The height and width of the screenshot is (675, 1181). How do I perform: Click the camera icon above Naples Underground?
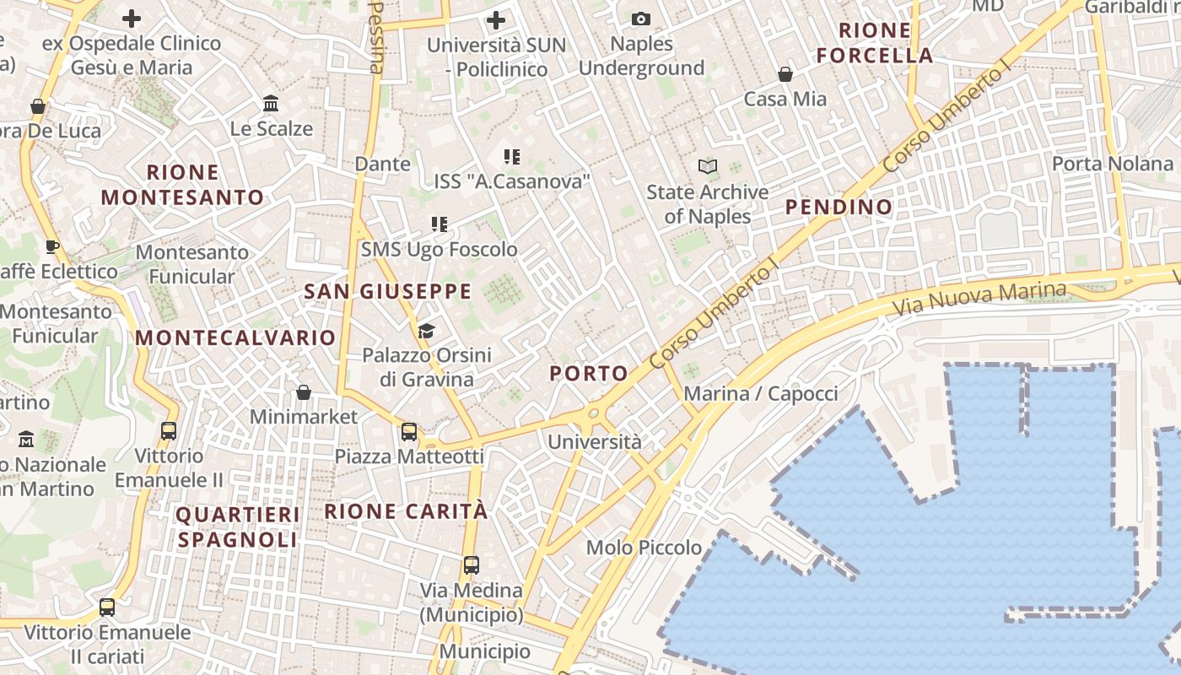pyautogui.click(x=640, y=19)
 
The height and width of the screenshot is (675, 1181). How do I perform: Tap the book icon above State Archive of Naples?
pyautogui.click(x=707, y=167)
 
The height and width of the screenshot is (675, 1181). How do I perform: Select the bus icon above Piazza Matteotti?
pyautogui.click(x=409, y=432)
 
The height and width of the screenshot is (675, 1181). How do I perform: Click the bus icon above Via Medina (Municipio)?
pyautogui.click(x=471, y=565)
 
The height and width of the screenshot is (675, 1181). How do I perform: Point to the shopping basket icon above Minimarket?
pyautogui.click(x=304, y=392)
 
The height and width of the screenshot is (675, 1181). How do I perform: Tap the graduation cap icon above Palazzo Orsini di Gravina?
pyautogui.click(x=426, y=330)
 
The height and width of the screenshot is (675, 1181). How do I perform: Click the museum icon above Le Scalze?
pyautogui.click(x=271, y=104)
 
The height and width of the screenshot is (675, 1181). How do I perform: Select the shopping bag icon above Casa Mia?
pyautogui.click(x=785, y=74)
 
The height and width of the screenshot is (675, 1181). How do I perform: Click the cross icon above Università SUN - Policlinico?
pyautogui.click(x=496, y=19)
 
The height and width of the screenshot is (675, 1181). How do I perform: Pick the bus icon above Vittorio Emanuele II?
pyautogui.click(x=169, y=431)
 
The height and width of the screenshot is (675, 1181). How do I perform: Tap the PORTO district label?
pyautogui.click(x=589, y=373)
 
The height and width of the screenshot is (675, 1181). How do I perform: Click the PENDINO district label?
pyautogui.click(x=839, y=207)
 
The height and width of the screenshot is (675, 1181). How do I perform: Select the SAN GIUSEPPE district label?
pyautogui.click(x=387, y=292)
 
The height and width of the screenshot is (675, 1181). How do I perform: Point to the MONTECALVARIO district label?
pyautogui.click(x=235, y=337)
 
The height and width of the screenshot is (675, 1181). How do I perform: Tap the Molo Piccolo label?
pyautogui.click(x=644, y=548)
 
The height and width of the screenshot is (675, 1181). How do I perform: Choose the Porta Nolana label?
pyautogui.click(x=1113, y=163)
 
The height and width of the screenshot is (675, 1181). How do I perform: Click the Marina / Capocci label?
pyautogui.click(x=761, y=393)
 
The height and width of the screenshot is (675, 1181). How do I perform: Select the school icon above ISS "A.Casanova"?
pyautogui.click(x=510, y=156)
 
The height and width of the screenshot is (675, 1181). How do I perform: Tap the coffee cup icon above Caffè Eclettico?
pyautogui.click(x=51, y=246)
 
